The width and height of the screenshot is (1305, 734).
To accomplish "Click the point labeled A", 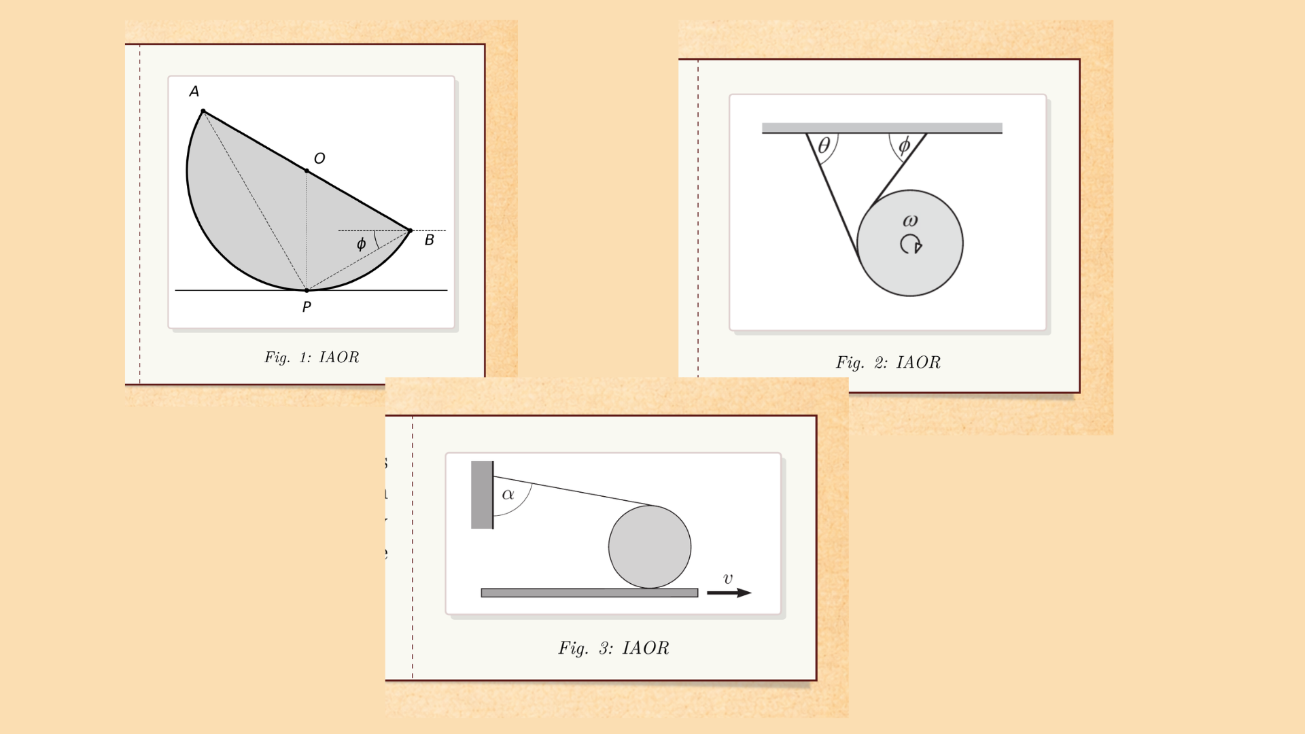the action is [194, 92].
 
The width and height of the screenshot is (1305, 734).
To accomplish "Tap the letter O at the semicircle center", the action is [319, 159].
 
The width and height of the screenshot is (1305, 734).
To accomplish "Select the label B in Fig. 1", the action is [430, 240].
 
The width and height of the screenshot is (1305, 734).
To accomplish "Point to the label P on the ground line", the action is [307, 307].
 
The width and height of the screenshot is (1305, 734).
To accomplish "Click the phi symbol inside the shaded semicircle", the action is [361, 244].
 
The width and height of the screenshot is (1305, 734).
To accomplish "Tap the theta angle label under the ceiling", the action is [824, 145].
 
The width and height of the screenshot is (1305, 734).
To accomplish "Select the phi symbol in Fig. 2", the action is [904, 145].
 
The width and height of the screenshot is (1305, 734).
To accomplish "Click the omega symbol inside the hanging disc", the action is [910, 221].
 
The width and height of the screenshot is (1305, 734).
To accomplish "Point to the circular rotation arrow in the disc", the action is [911, 244].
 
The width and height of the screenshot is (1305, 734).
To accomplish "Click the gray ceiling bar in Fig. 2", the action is [882, 128].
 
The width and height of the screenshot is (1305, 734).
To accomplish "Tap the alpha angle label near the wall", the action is [508, 495].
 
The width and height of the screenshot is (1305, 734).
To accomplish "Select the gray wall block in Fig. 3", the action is [482, 495].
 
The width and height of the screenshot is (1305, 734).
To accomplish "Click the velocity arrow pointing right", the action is [729, 593].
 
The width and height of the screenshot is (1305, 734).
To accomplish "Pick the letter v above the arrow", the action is [728, 578].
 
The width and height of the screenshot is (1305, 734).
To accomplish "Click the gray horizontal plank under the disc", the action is [589, 593].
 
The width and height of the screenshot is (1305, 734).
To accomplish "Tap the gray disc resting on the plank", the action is [650, 547].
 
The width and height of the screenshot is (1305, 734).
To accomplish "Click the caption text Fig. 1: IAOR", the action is [311, 357].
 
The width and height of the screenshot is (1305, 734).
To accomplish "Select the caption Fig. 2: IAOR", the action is [888, 363].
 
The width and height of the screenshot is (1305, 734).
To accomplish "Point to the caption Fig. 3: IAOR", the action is [614, 648].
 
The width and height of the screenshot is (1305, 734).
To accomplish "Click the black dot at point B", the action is [410, 231].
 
